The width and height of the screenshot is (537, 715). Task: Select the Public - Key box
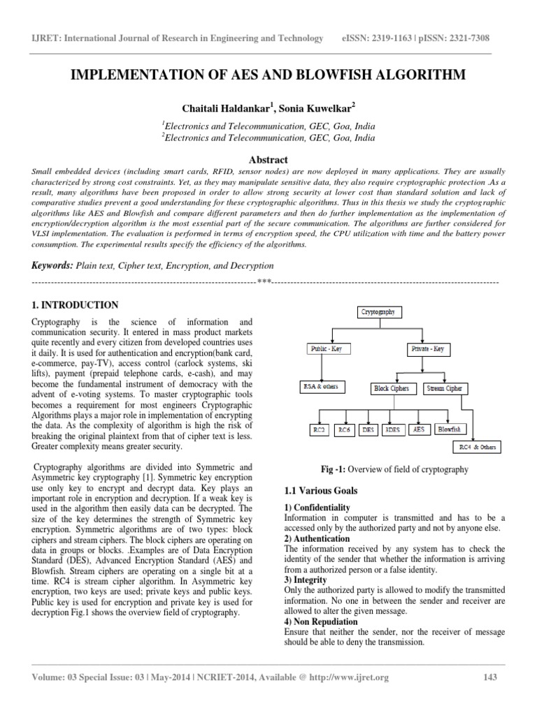(x=330, y=348)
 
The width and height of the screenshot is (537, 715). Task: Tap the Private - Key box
(x=429, y=348)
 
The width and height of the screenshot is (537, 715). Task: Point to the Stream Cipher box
(x=448, y=388)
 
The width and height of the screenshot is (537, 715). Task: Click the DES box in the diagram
(x=367, y=430)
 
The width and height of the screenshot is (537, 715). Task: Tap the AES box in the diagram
(x=418, y=430)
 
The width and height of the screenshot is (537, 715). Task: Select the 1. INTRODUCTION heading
(x=76, y=305)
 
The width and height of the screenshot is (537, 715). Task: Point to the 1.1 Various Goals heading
(x=318, y=491)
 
